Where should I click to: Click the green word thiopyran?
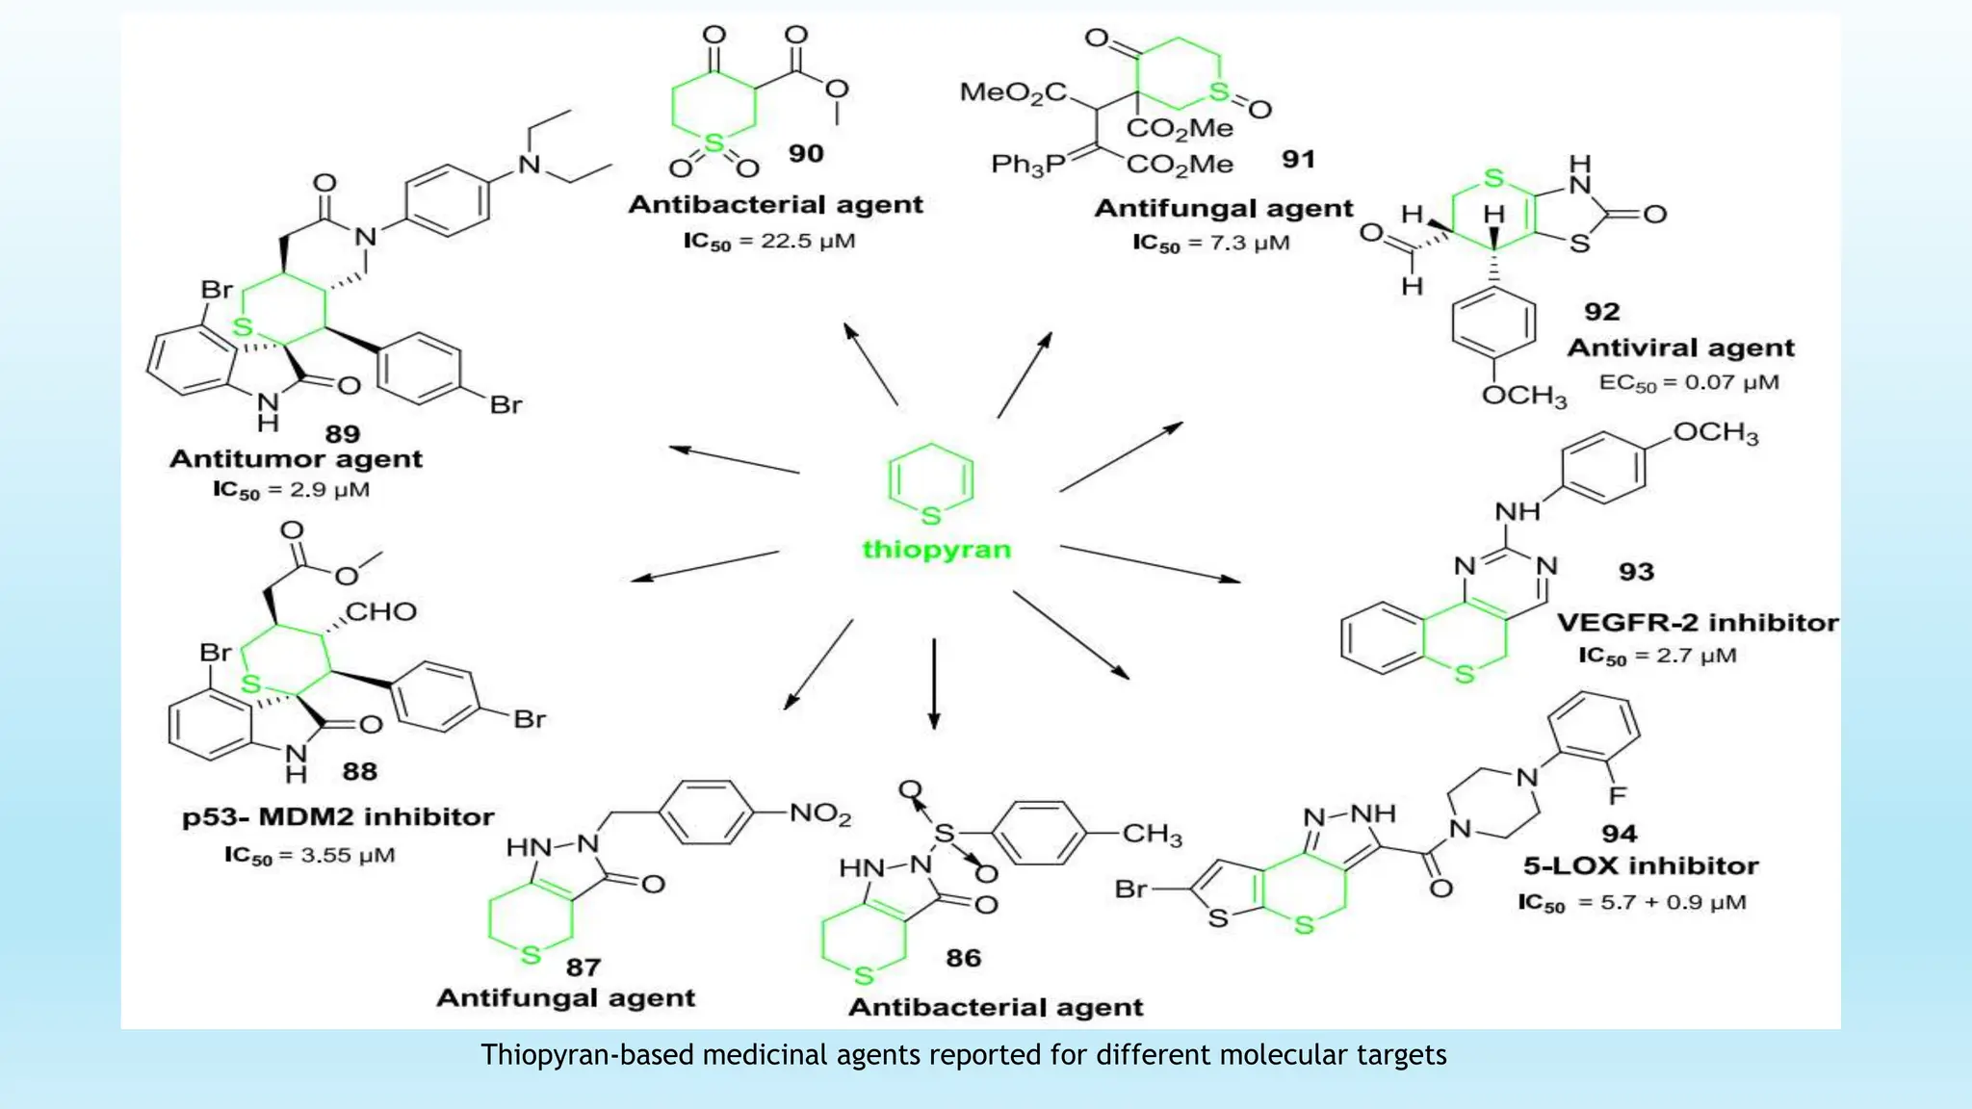[936, 550]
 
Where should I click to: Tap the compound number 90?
[806, 154]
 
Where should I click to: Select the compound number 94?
[1620, 834]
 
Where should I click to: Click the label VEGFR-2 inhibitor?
[1698, 623]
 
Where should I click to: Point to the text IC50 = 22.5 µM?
[769, 241]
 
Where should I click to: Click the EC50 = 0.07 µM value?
[1689, 383]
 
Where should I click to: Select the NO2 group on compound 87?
[820, 814]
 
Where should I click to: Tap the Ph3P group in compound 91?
[1027, 165]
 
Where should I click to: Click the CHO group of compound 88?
[381, 612]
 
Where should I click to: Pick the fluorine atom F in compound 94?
[1617, 795]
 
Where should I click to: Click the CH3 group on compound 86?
[1152, 834]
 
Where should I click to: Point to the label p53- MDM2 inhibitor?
[338, 817]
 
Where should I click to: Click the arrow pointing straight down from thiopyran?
[933, 683]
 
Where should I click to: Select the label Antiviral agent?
[1680, 348]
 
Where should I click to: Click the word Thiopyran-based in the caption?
[588, 1055]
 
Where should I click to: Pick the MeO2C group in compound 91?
[1013, 92]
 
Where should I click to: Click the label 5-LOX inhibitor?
[1641, 866]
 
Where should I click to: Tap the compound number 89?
[342, 434]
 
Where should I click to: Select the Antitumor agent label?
[296, 459]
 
